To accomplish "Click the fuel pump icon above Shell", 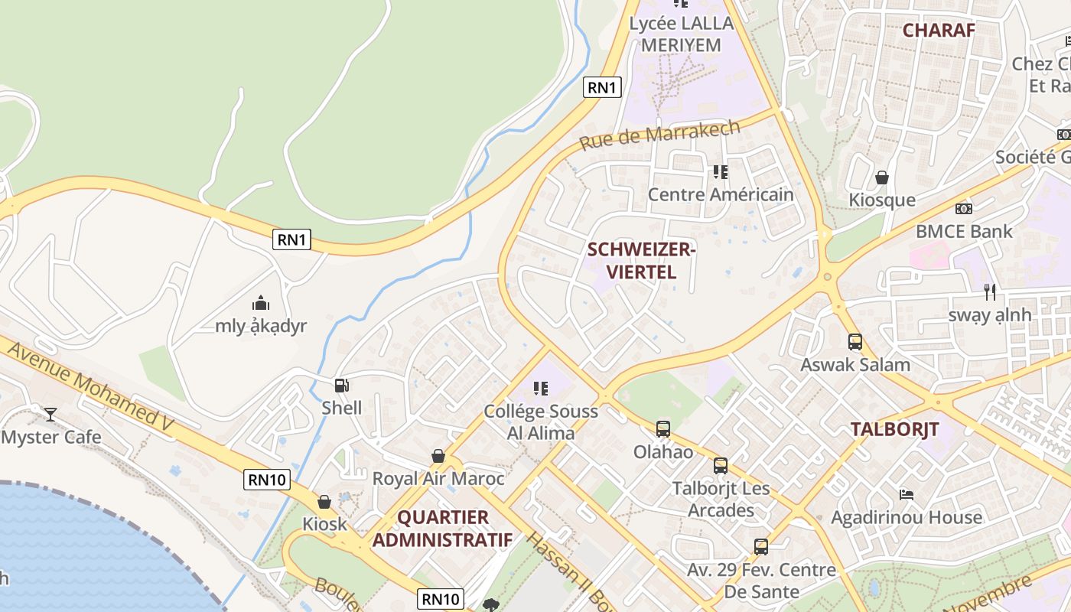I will [x=342, y=386].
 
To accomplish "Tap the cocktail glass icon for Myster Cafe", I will [x=50, y=415].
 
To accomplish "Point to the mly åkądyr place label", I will [x=261, y=326].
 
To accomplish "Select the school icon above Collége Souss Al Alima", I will [x=541, y=389].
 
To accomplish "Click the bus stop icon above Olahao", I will [x=663, y=429].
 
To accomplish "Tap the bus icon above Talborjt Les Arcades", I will [x=720, y=466].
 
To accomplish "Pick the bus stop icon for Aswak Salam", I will [x=855, y=342].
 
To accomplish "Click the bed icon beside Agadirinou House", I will [x=907, y=495].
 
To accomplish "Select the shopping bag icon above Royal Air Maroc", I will [x=438, y=457].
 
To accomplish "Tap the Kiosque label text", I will [x=882, y=200].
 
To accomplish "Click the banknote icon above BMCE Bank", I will [x=963, y=208].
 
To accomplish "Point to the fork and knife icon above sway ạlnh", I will [x=990, y=291].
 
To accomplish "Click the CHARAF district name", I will [x=939, y=30].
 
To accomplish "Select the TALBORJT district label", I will [x=895, y=429].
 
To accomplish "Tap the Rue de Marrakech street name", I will [x=659, y=135].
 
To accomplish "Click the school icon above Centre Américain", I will [x=720, y=172].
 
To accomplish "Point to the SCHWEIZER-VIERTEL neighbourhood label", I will [x=641, y=260].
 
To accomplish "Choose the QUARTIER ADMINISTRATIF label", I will [x=442, y=528].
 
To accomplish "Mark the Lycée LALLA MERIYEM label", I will [x=681, y=34].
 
